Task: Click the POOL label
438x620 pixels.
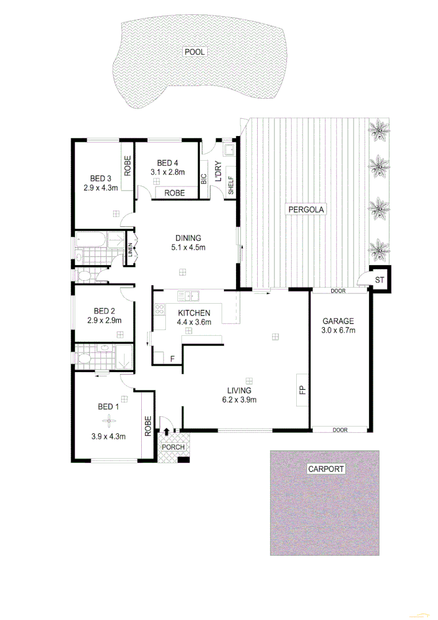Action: (194, 52)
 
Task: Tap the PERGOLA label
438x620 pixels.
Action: (305, 210)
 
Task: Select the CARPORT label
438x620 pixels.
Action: (326, 469)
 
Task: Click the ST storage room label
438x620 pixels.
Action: (379, 280)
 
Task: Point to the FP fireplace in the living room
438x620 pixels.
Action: (302, 390)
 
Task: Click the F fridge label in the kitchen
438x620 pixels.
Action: (172, 359)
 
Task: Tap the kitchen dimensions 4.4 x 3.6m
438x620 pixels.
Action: (195, 322)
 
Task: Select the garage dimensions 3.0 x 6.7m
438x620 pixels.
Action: (338, 331)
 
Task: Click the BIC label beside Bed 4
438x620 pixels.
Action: (204, 179)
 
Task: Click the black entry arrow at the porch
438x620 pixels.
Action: (167, 432)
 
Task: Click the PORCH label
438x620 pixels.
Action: (173, 447)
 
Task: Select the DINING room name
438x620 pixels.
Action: (188, 238)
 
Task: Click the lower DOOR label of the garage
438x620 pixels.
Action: (339, 429)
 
